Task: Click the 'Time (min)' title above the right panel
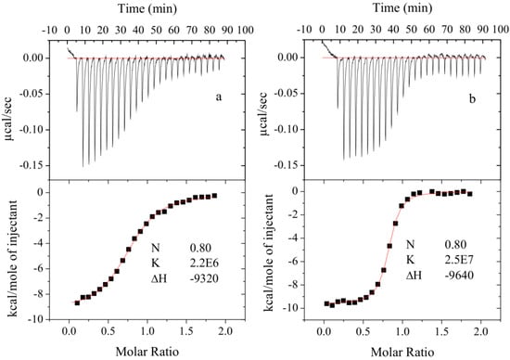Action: tap(400, 8)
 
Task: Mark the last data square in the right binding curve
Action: tap(470, 194)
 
